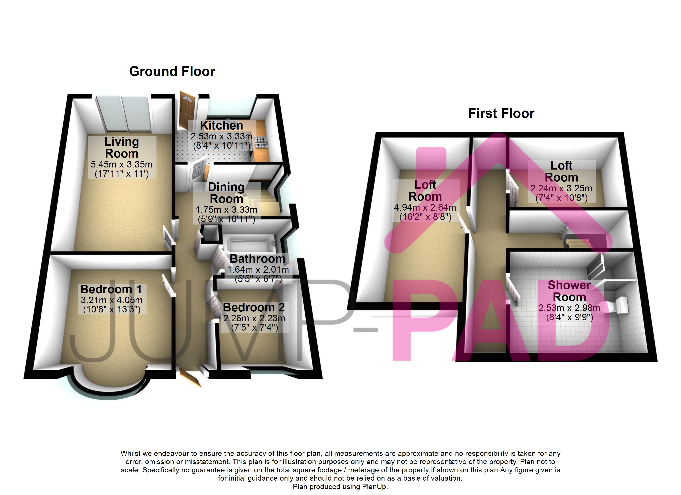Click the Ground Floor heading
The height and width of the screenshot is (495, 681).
click(172, 71)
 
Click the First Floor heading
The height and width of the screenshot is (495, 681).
click(501, 113)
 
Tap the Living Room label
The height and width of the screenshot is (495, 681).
click(122, 147)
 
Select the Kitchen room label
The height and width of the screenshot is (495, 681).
click(221, 125)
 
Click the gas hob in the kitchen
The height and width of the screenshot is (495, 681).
click(261, 142)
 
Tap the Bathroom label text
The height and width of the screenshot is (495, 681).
click(257, 259)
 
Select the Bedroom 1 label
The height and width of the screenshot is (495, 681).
click(111, 289)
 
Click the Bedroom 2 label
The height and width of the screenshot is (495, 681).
click(254, 307)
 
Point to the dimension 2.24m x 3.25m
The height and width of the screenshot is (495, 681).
click(561, 188)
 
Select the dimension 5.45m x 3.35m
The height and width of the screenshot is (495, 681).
click(122, 165)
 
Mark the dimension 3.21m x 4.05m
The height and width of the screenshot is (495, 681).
click(112, 300)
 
